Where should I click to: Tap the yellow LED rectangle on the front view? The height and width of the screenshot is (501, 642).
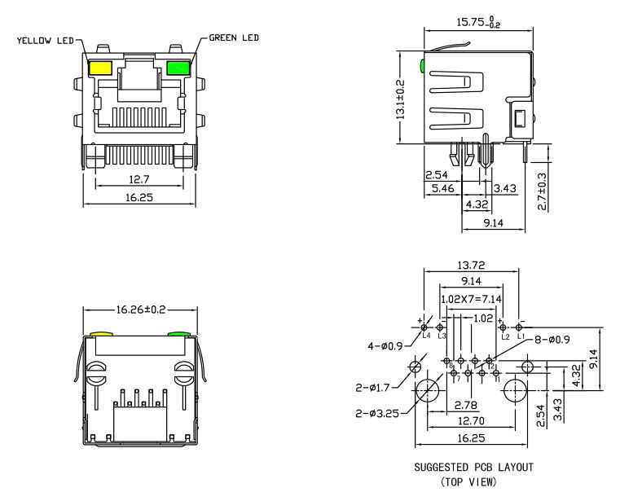pos(101,68)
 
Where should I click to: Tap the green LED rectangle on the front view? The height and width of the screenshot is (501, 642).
pos(176,68)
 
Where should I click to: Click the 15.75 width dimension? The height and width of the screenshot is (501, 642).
pos(477,23)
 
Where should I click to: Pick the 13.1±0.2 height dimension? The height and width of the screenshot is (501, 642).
pos(400,99)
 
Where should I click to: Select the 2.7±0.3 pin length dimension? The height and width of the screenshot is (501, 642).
pos(543,190)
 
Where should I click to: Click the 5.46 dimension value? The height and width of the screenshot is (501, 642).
pos(442,189)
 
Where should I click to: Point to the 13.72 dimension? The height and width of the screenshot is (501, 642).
pos(471,266)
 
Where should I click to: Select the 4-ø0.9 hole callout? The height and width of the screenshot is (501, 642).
pos(387,345)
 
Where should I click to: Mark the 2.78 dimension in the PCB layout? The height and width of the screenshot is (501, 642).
pos(465,405)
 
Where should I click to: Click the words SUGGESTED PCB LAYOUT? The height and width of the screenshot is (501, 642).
pos(473,468)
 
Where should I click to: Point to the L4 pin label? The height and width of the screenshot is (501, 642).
pos(424,336)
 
